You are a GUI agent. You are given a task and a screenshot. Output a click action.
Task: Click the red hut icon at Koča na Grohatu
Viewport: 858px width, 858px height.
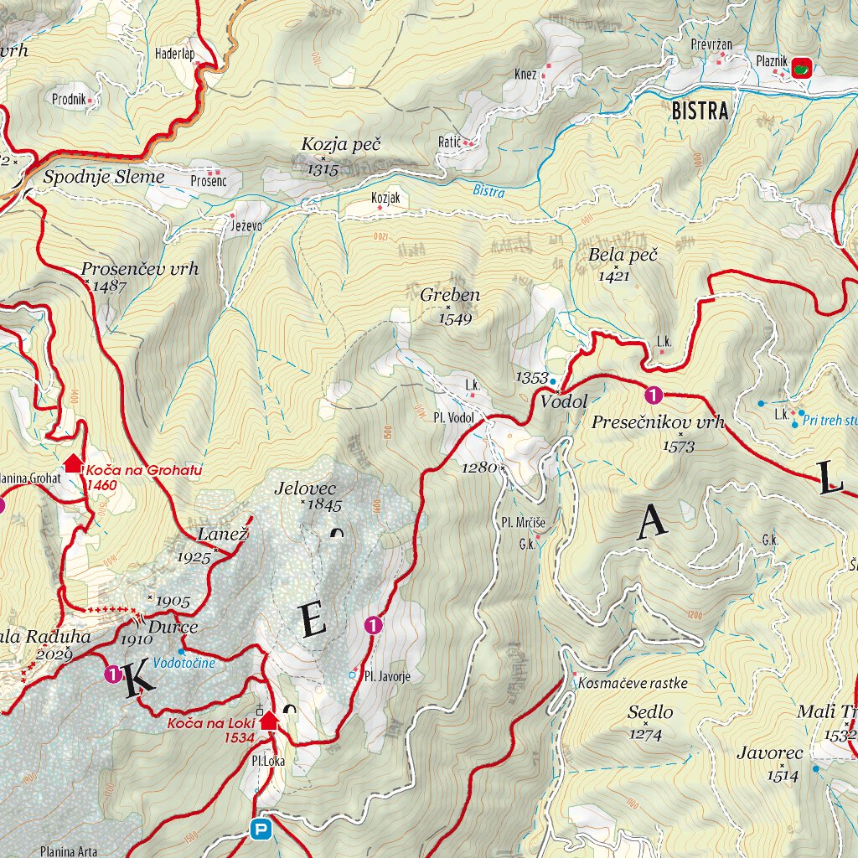74,463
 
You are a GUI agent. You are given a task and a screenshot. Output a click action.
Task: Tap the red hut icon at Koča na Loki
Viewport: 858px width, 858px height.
268,720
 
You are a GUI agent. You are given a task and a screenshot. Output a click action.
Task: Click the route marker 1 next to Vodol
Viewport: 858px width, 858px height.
654,394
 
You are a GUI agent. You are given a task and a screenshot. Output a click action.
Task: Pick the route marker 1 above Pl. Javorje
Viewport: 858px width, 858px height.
373,624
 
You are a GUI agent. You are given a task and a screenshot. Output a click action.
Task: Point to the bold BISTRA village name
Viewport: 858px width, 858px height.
700,111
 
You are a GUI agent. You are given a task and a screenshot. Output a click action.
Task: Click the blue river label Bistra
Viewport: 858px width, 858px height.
488,191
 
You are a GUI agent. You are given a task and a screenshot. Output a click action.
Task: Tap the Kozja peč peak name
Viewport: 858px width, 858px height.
340,145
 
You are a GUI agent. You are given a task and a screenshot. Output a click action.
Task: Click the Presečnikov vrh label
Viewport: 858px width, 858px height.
658,421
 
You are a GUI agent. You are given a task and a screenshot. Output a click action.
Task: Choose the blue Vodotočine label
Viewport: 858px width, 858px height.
184,663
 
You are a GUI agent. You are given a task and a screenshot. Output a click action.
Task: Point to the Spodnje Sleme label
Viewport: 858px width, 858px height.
104,177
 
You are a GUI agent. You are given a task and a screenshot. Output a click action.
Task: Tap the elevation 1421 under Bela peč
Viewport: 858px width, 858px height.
614,275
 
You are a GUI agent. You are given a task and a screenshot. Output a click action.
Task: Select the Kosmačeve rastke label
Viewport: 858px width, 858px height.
633,683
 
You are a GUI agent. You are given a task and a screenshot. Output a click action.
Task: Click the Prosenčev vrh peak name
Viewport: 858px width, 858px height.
140,269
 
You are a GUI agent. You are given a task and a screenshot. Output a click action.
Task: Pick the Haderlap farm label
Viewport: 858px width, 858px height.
174,54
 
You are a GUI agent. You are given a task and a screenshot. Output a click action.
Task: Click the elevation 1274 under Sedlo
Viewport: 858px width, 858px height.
645,735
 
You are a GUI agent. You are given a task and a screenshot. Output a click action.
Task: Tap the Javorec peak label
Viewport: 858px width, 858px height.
769,752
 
